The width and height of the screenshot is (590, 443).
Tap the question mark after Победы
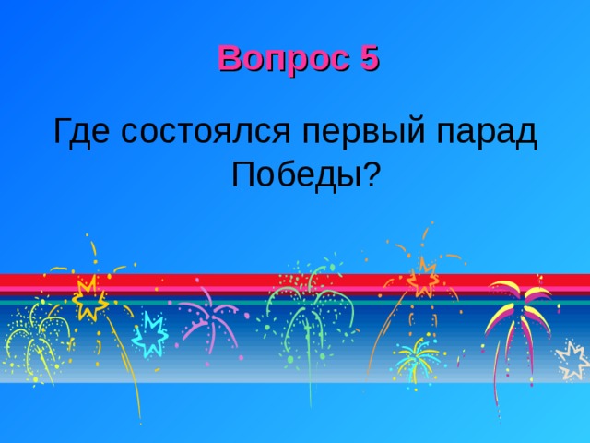click(371, 173)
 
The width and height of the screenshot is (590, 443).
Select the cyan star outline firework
click(149, 334)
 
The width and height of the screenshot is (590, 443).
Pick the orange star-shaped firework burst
click(422, 275)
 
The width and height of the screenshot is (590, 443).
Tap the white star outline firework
click(573, 360)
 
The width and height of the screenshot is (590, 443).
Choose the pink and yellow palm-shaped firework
click(518, 309)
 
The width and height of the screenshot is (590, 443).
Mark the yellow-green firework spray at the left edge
click(32, 337)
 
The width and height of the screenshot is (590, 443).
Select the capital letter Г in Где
click(63, 132)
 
